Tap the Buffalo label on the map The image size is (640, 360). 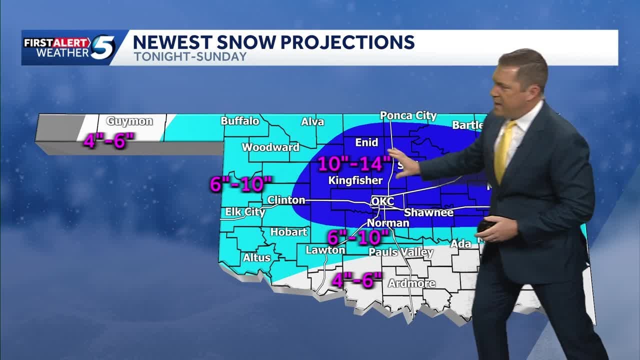click(240, 121)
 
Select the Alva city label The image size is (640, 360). click(312, 121)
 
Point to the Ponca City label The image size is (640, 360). click(408, 115)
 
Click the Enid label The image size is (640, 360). click(366, 142)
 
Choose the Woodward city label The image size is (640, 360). click(270, 147)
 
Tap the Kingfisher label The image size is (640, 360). click(355, 180)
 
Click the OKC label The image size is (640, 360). click(382, 201)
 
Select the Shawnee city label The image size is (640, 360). click(428, 212)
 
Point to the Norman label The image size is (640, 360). click(388, 223)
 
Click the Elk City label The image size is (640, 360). click(245, 212)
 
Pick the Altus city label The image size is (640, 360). click(256, 258)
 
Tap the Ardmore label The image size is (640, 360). click(411, 283)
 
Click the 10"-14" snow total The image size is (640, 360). click(354, 163)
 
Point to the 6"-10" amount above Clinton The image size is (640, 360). click(240, 184)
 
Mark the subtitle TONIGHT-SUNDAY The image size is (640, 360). click(190, 56)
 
